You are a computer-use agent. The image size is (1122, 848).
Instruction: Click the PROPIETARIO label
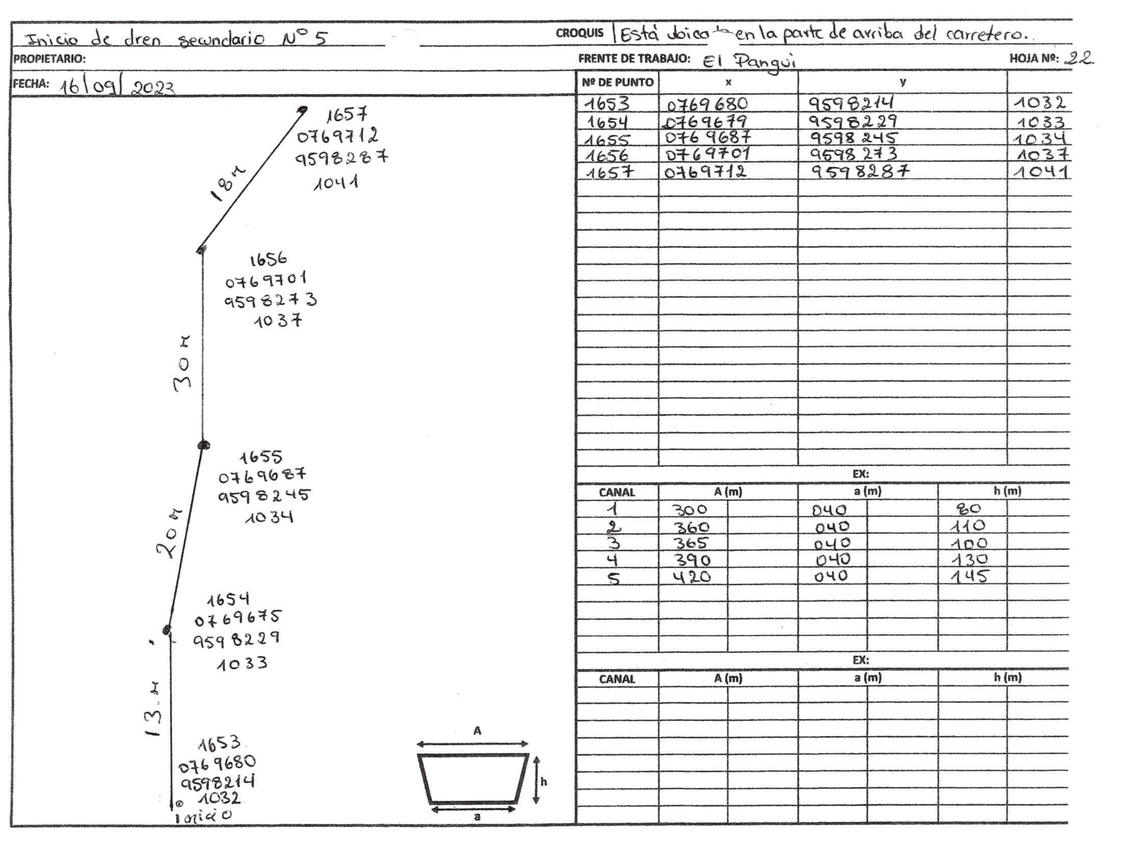49,59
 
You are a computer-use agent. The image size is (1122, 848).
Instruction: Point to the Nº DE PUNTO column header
618,82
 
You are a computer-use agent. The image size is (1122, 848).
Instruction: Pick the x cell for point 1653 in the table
707,104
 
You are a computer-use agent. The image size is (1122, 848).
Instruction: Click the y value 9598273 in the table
853,154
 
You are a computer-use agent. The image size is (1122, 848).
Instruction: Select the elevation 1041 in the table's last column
1040,171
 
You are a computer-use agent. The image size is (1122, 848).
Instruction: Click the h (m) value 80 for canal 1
970,509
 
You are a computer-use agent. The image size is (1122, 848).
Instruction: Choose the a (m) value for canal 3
832,543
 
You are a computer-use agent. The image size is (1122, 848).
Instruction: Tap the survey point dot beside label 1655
204,445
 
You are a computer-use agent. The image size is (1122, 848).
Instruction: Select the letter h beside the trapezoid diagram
544,782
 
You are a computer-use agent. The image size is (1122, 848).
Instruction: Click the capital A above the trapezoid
477,731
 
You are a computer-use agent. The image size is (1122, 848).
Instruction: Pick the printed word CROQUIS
579,33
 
